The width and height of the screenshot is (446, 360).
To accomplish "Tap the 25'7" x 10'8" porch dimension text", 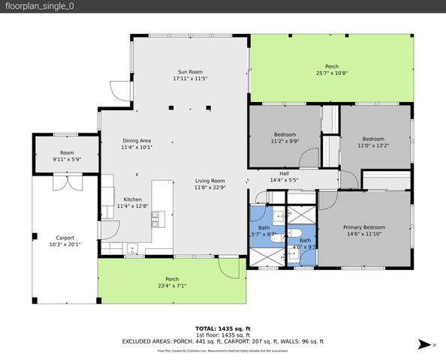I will tap(331, 73).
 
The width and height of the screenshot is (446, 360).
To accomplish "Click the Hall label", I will tap(284, 174).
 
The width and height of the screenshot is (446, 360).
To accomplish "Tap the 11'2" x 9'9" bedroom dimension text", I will tap(285, 141).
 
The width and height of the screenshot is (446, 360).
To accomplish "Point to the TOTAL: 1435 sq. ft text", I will tap(222, 328).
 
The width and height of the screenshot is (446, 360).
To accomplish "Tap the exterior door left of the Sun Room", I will tap(119, 91).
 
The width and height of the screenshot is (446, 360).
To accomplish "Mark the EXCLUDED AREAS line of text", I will tap(222, 341).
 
